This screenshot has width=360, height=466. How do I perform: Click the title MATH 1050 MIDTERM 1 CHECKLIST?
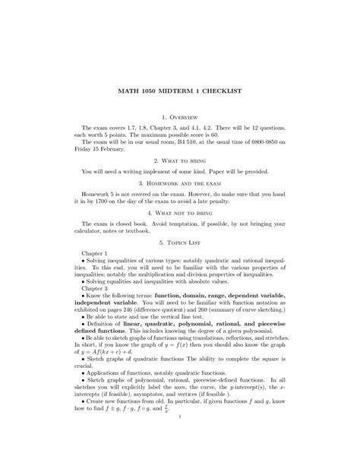(x=180, y=90)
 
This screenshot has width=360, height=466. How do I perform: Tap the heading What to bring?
(x=180, y=162)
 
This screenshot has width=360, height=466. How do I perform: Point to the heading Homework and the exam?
(x=180, y=185)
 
